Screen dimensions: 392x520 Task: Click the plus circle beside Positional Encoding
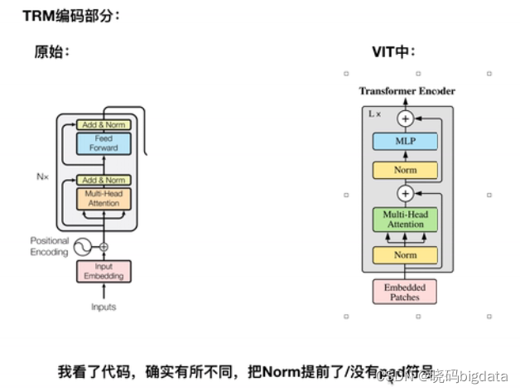coord(104,247)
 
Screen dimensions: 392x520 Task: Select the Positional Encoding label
coord(49,246)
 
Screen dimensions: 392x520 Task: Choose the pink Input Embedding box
coord(104,271)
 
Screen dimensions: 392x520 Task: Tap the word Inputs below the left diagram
coord(104,307)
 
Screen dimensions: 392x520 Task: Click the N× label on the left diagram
coord(44,176)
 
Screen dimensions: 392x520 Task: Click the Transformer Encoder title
coord(406,90)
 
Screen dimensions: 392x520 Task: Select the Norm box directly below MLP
coord(405,170)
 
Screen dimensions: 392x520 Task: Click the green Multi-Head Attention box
coord(405,220)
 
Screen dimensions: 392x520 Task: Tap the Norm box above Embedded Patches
coord(405,254)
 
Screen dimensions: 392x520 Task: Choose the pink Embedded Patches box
coord(405,292)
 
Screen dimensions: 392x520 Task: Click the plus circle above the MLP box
coord(405,119)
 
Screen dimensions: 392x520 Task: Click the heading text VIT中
coord(393,52)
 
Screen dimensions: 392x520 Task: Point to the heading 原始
coord(51,52)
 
